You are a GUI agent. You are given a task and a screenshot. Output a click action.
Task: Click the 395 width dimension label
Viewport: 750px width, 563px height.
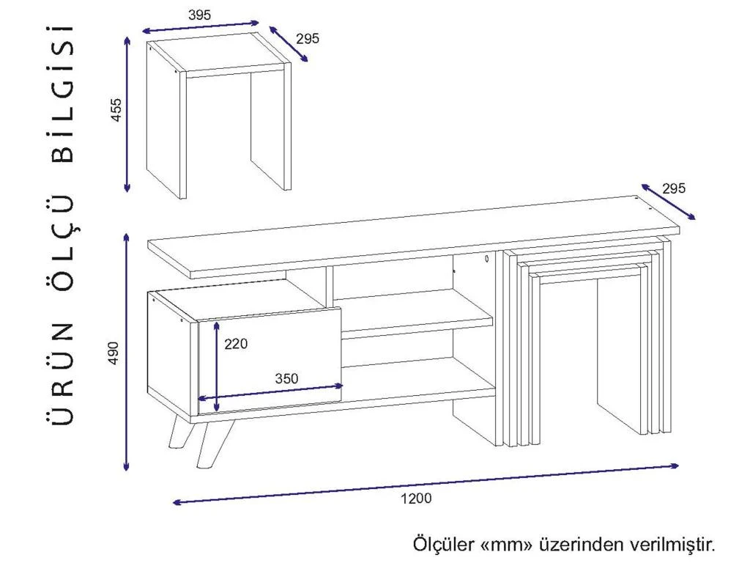199,15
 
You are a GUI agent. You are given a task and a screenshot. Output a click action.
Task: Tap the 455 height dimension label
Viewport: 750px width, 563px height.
116,109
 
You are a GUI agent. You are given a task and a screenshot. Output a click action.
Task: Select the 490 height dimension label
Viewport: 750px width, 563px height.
114,353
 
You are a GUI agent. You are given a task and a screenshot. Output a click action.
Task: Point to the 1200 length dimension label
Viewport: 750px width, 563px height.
416,498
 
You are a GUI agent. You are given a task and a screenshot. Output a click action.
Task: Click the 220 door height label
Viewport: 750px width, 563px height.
236,343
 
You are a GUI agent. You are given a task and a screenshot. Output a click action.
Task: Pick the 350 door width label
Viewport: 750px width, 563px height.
286,379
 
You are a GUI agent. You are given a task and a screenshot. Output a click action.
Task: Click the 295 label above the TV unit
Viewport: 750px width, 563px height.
674,188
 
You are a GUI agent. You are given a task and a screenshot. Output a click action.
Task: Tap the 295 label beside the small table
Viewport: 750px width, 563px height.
308,38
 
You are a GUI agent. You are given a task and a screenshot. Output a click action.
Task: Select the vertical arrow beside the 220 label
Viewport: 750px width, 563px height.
217,367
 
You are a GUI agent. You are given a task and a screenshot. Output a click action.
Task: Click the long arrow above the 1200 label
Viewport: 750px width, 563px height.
426,484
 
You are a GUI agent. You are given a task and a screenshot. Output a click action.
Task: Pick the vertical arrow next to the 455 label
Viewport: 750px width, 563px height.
127,114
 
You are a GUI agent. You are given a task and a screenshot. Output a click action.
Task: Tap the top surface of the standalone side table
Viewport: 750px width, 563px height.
219,54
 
